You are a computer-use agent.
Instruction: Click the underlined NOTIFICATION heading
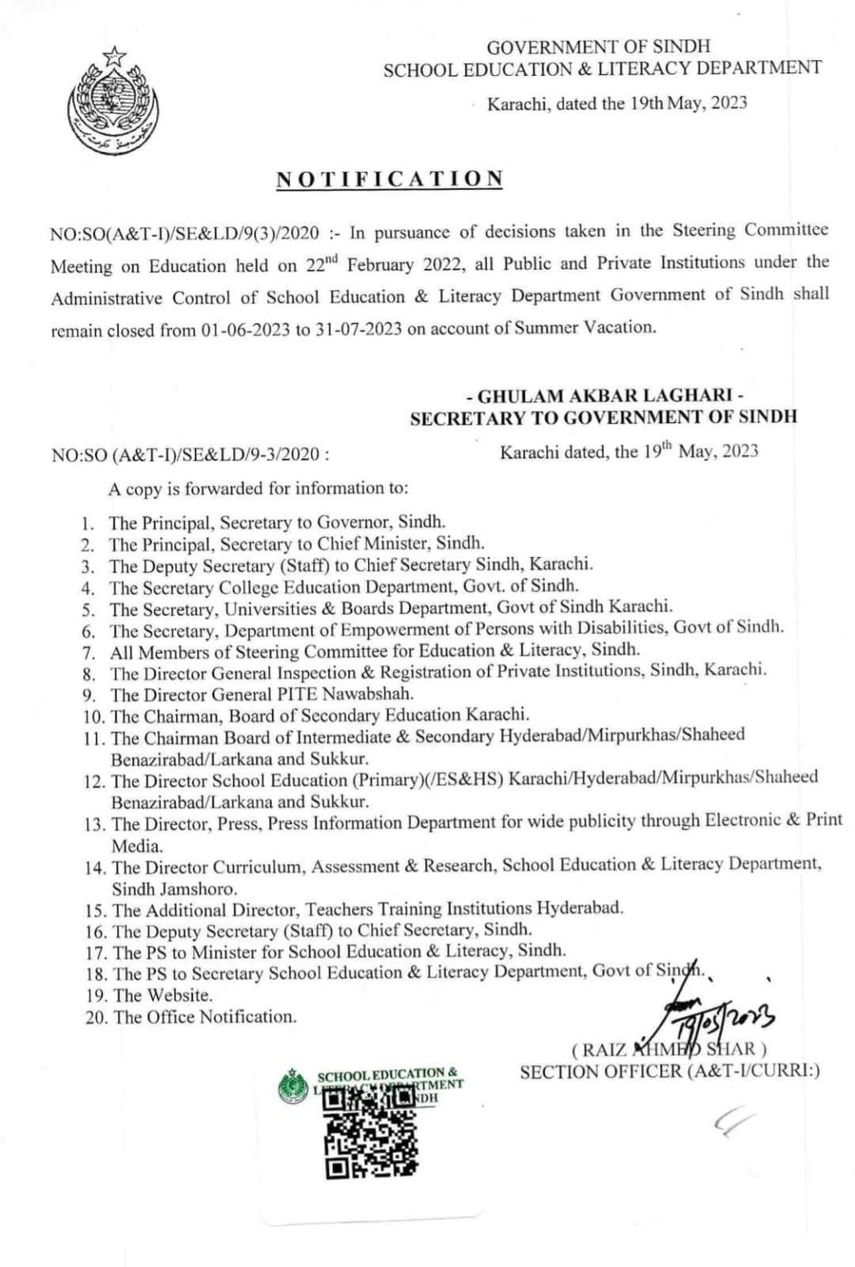(389, 179)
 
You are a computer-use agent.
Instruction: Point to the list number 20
(96, 1018)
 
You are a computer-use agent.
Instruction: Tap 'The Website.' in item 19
(163, 996)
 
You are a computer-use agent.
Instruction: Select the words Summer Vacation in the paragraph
(584, 327)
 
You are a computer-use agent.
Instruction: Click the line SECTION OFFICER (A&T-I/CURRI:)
(669, 1072)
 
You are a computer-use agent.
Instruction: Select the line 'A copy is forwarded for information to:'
(258, 488)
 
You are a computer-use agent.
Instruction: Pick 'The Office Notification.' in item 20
(205, 1017)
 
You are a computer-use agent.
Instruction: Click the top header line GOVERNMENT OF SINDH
(598, 47)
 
